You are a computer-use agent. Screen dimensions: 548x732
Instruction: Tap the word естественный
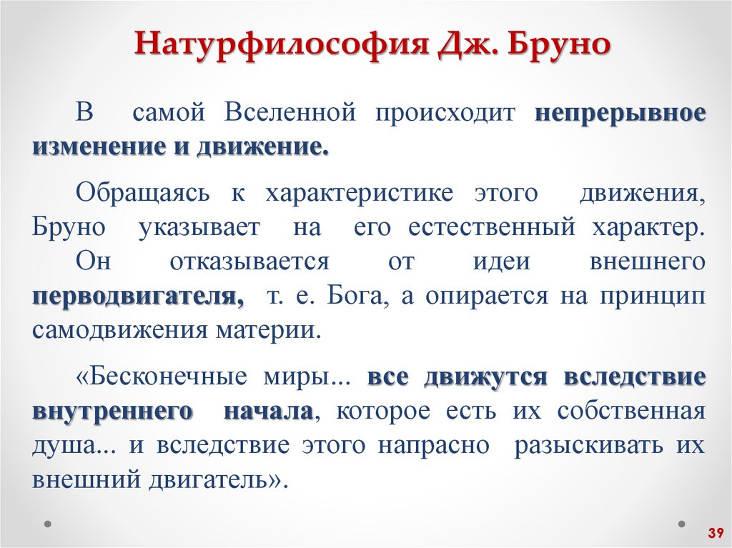tap(493, 227)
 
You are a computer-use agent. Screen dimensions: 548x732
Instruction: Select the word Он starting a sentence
tap(93, 261)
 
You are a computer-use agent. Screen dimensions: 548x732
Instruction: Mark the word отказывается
tap(249, 261)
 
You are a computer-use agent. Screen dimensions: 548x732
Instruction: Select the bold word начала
tap(268, 411)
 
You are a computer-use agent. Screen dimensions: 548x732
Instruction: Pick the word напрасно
tap(433, 445)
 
